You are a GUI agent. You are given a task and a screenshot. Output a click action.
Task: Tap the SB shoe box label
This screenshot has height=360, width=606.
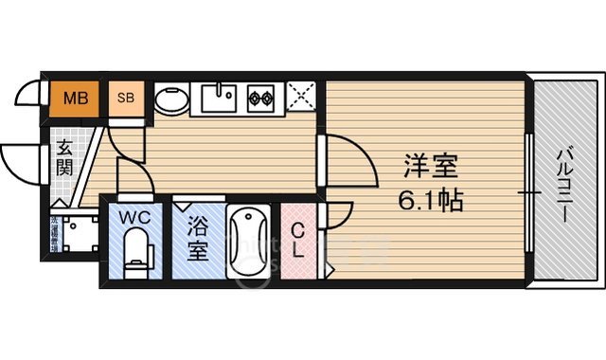125,98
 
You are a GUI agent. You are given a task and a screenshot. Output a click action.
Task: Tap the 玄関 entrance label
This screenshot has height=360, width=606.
63,158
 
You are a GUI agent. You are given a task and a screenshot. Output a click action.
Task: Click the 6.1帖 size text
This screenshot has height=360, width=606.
431,201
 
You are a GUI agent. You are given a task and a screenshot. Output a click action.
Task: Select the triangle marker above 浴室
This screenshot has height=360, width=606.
182,205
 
